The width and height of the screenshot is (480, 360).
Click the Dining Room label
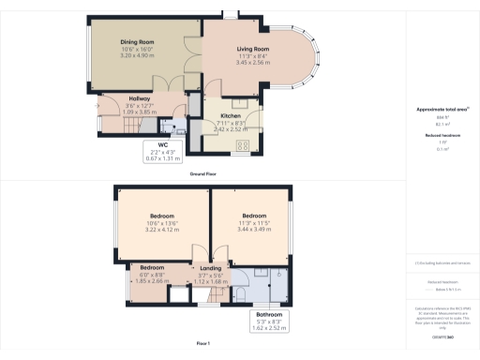pyautogui.click(x=137, y=41)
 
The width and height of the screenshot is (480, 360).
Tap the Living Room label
pyautogui.click(x=252, y=48)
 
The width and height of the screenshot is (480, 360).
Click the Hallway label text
pyautogui.click(x=141, y=97)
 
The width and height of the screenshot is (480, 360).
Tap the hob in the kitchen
pyautogui.click(x=242, y=144)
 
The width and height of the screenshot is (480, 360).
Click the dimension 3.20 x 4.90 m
pyautogui.click(x=137, y=55)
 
